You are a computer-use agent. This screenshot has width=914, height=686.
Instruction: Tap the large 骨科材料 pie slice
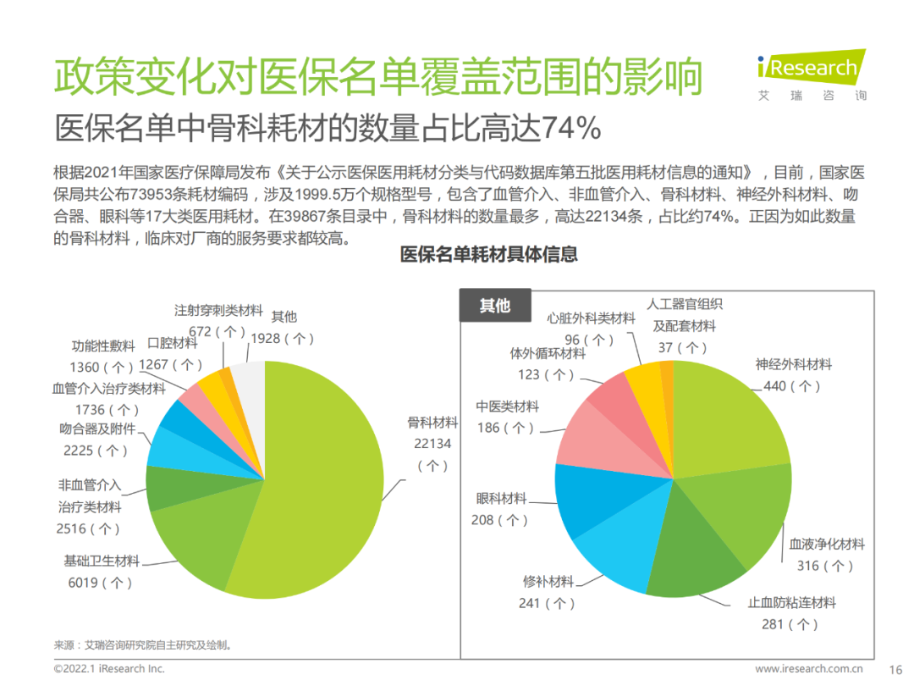coord(322,491)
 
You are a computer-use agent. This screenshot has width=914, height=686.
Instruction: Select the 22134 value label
coord(432,443)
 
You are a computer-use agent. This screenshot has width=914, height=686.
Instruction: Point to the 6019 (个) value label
coord(100,582)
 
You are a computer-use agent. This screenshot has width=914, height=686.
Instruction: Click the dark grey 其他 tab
coord(495,306)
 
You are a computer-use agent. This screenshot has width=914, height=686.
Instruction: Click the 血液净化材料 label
coord(827,544)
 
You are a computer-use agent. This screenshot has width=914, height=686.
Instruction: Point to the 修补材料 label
coord(548,582)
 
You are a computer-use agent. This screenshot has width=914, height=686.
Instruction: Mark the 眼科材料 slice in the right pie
coord(592,500)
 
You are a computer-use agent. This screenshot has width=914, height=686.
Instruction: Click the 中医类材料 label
coord(507,407)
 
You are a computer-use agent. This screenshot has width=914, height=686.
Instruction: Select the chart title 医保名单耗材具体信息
coord(488,254)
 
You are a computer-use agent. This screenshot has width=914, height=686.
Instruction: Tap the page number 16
coord(896,669)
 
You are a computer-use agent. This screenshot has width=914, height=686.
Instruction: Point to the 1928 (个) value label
coord(282,338)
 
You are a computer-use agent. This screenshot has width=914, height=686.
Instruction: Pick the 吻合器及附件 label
coord(97,429)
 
